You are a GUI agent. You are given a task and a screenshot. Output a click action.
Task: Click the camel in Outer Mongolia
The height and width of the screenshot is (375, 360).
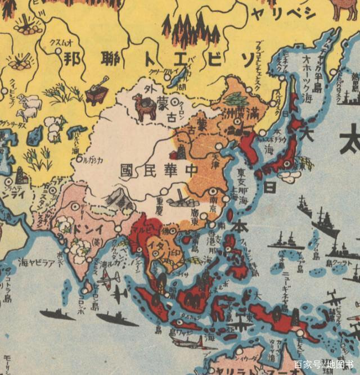point(143,107)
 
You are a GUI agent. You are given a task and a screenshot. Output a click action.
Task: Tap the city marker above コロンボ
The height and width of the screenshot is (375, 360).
point(84,290)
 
